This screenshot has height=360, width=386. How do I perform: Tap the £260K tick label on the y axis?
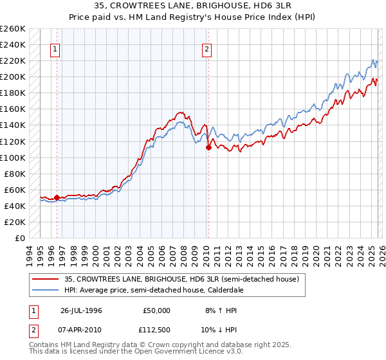pyautogui.click(x=13, y=29)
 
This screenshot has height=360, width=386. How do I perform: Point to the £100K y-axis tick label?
pyautogui.click(x=13, y=157)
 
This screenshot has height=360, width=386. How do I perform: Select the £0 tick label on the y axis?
pyautogui.click(x=19, y=238)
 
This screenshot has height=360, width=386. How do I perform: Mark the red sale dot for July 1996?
pyautogui.click(x=57, y=198)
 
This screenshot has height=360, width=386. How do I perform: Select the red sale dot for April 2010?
pyautogui.click(x=208, y=147)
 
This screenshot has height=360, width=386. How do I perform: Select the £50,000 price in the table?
pyautogui.click(x=156, y=310)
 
